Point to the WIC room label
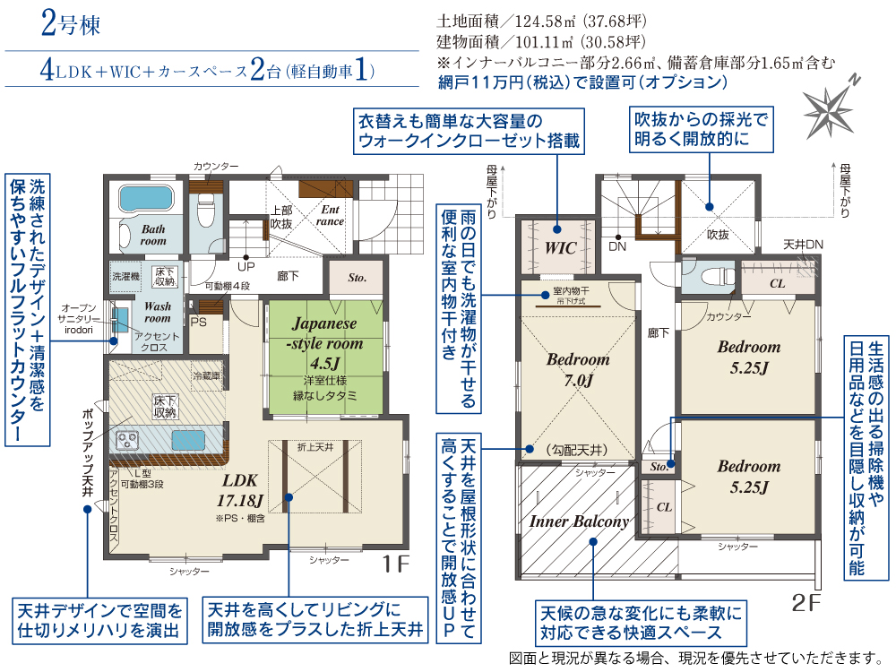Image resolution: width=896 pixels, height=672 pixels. (x=560, y=247)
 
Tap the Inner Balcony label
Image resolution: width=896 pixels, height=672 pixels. (x=579, y=521)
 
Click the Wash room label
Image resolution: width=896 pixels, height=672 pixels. (x=158, y=312)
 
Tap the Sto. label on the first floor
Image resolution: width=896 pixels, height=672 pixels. (x=358, y=278)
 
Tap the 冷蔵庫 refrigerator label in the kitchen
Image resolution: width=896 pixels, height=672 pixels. (x=207, y=374)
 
